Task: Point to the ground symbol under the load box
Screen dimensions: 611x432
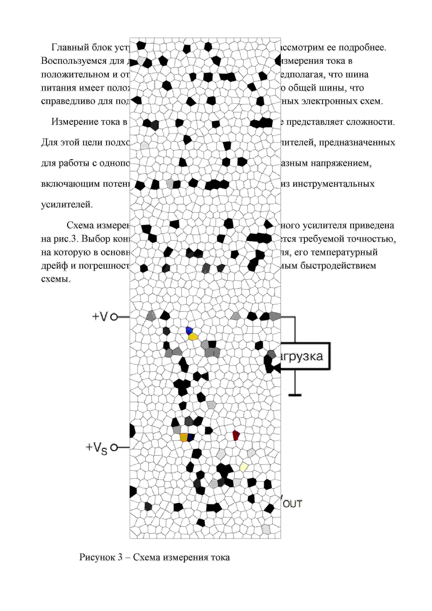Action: click(295, 395)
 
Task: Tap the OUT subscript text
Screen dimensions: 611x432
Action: click(292, 504)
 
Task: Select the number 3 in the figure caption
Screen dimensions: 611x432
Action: click(120, 557)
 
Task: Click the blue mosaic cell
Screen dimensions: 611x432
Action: click(189, 330)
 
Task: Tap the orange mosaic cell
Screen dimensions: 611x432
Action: click(184, 437)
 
